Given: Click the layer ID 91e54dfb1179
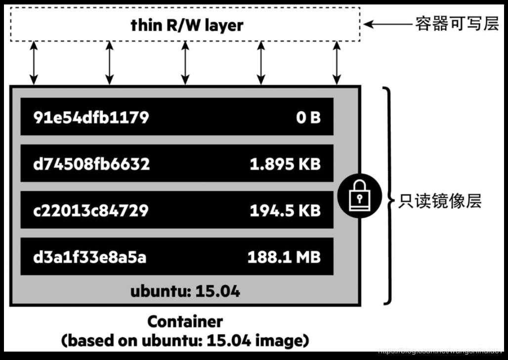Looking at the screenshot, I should coord(91,117).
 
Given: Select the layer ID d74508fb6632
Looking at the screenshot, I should coord(91,164).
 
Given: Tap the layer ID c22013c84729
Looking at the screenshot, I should coord(91,211).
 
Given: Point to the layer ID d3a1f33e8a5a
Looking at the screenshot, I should coord(90,257).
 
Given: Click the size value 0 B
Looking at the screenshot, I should coord(308,117).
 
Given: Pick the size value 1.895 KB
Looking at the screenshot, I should coord(285,164).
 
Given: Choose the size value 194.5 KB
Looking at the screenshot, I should coord(285,211).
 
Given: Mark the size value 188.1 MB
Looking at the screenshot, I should coord(284,257).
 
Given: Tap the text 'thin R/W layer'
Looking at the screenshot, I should coord(187,25).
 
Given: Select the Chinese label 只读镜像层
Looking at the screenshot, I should coord(440,201).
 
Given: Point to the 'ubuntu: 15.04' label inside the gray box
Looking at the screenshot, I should coord(185,291).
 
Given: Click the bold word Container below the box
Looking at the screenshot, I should coord(185,322).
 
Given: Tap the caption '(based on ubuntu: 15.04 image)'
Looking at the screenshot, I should coord(185,341).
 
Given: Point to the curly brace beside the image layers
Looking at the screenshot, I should coord(389,196).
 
